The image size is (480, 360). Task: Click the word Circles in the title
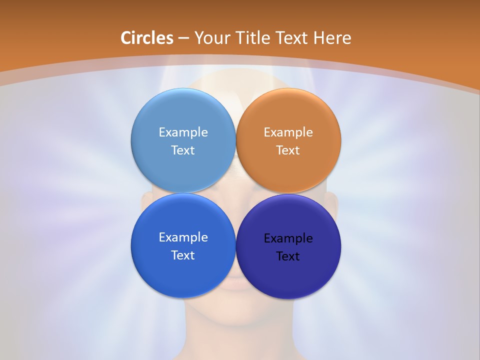tap(147, 38)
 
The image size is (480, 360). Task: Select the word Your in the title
tap(210, 38)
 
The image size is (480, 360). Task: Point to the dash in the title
tap(183, 38)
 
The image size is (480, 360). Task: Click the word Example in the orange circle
tap(288, 132)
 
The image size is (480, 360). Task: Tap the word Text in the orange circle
tap(288, 150)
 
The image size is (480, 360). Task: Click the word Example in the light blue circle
tap(183, 132)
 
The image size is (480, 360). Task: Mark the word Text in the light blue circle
tap(183, 150)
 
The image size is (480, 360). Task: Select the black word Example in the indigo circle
tap(288, 238)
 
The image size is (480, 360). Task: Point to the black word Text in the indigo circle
tap(288, 256)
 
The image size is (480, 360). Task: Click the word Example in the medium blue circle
tap(183, 237)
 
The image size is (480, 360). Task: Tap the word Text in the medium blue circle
tap(183, 255)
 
